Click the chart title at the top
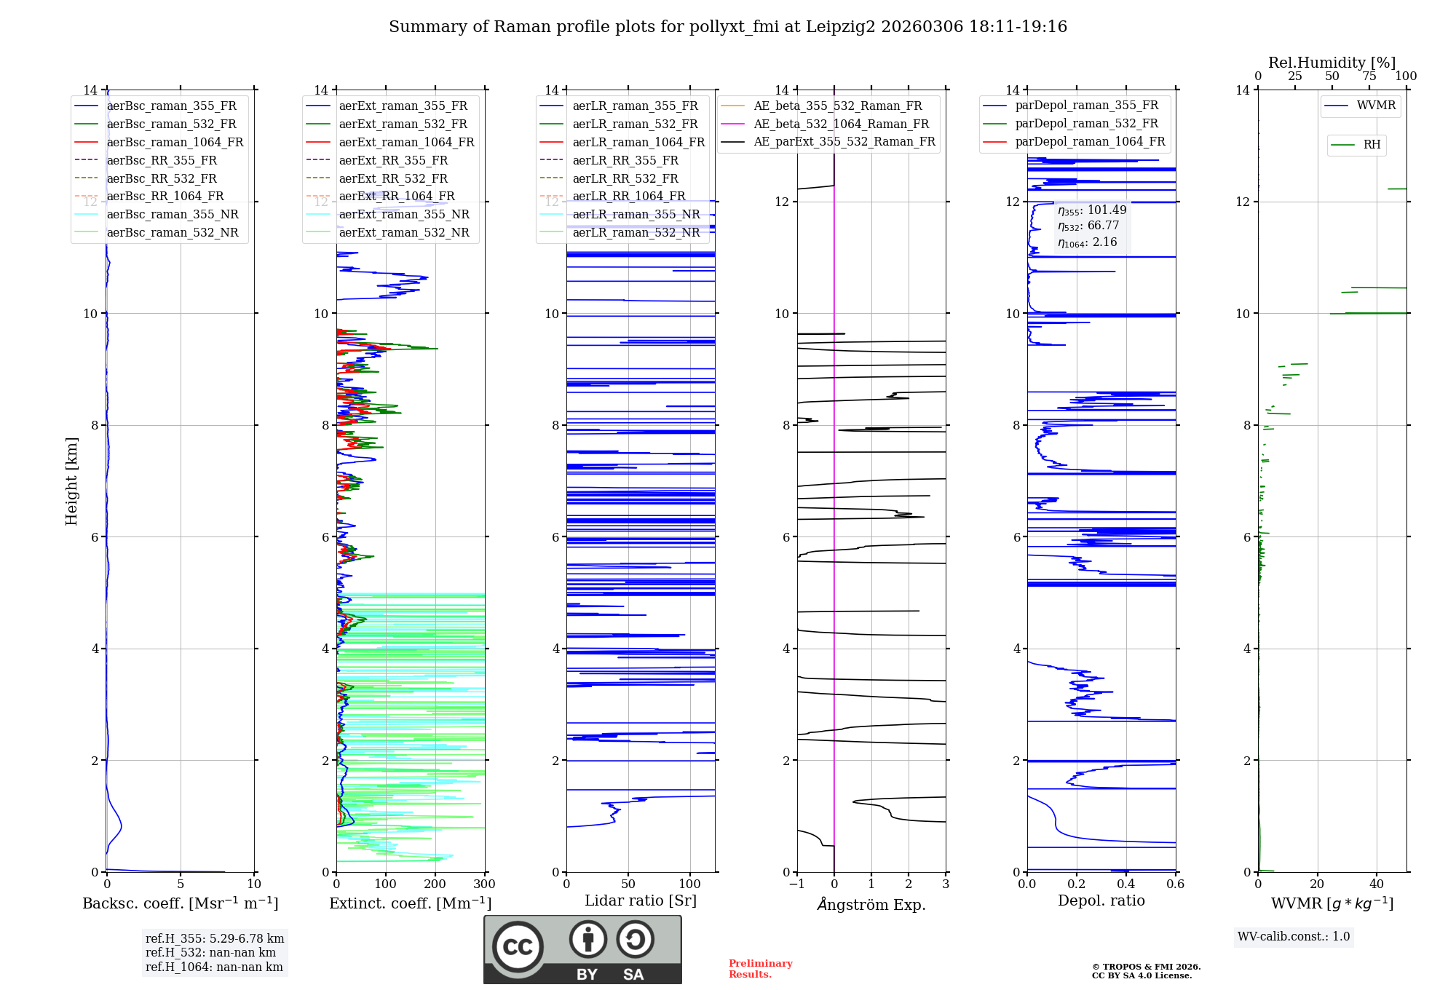click(x=728, y=27)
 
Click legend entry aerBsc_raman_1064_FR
click(x=175, y=143)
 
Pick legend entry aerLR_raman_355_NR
click(x=636, y=215)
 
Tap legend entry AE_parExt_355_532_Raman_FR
click(x=844, y=142)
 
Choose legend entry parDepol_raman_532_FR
click(x=1086, y=124)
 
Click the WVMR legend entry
click(x=1376, y=106)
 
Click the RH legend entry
click(x=1372, y=145)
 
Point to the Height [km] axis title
click(x=71, y=480)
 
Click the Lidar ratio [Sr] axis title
click(x=641, y=900)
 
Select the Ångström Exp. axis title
click(x=871, y=904)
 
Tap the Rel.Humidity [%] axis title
click(x=1332, y=63)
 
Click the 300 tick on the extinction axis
click(x=484, y=884)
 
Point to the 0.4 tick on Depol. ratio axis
click(x=1126, y=884)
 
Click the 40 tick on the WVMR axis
click(x=1377, y=884)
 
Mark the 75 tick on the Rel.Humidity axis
click(x=1369, y=76)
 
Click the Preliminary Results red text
click(x=760, y=969)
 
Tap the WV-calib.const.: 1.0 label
click(x=1294, y=937)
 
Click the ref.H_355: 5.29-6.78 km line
click(x=215, y=939)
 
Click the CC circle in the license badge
click(x=518, y=947)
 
